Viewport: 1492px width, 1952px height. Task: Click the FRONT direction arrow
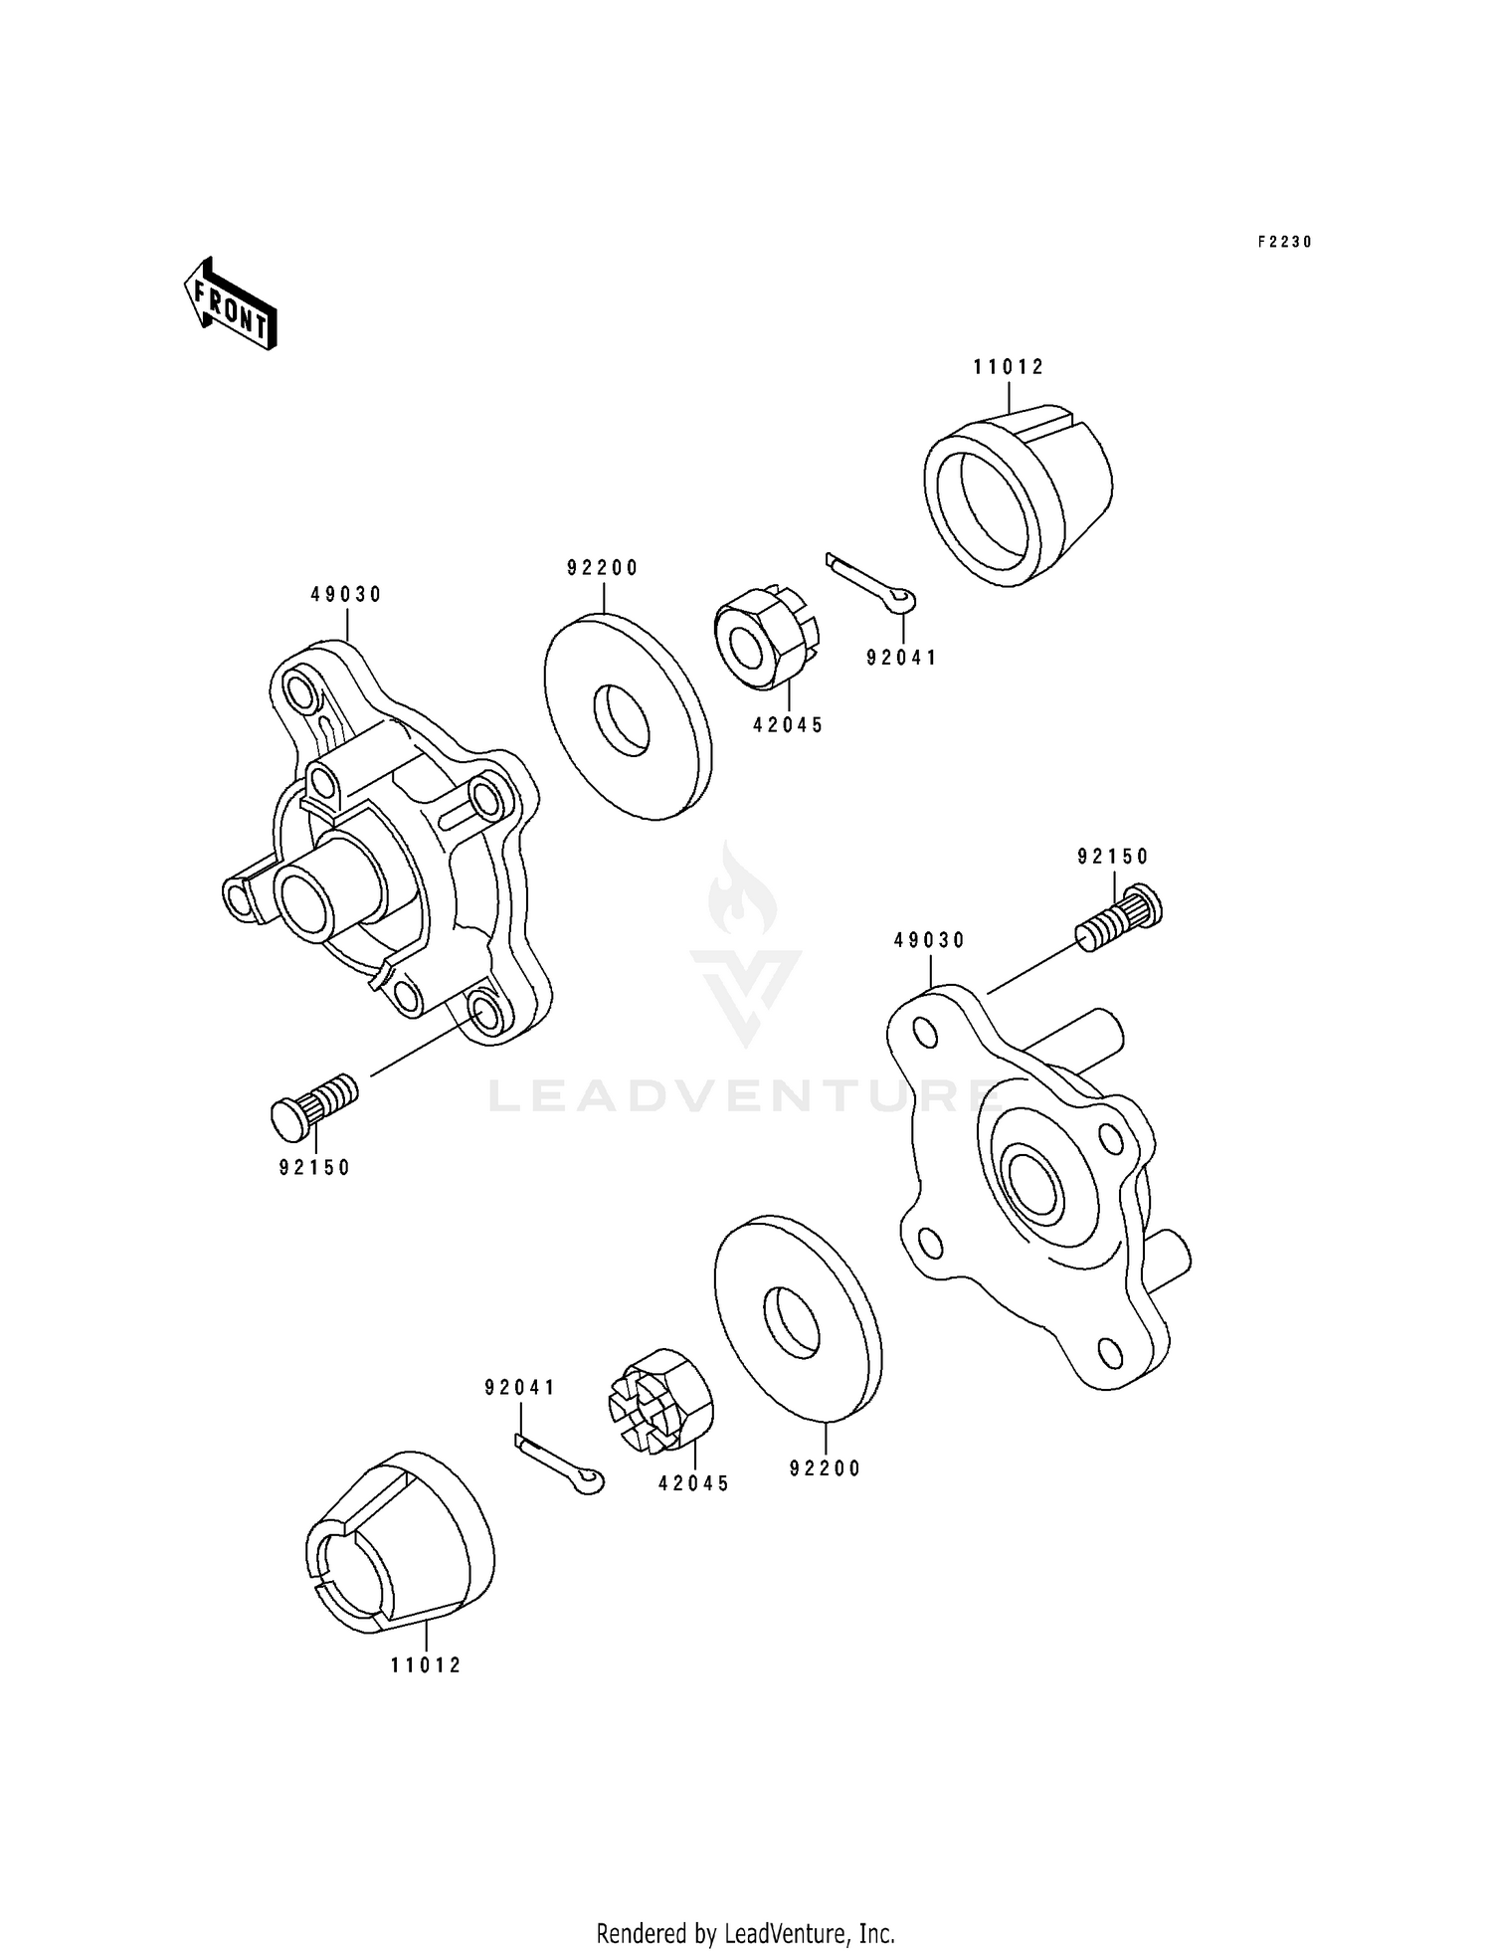click(x=230, y=304)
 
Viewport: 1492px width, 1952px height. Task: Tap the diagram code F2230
click(x=1285, y=242)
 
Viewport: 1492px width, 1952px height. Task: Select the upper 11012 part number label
click(x=1009, y=367)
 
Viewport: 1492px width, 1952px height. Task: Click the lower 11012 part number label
click(x=426, y=1665)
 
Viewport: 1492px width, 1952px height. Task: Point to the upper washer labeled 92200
click(x=627, y=716)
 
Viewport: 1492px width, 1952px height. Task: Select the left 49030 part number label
click(x=346, y=595)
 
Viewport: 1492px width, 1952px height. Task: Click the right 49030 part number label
click(x=929, y=940)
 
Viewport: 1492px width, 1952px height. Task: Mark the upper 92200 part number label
click(x=603, y=568)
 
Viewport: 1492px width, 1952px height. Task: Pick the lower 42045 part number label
click(x=693, y=1484)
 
